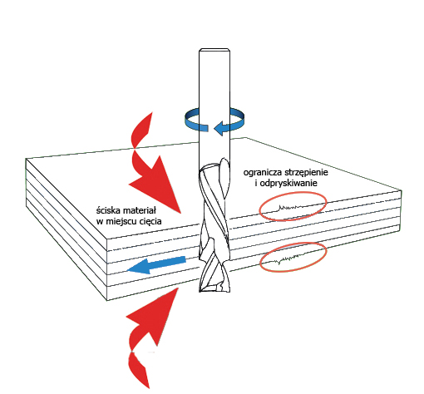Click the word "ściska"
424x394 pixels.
point(109,210)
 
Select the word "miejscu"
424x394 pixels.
point(119,221)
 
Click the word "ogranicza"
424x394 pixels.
point(263,172)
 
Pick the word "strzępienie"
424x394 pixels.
point(306,172)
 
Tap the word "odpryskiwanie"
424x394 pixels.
point(288,183)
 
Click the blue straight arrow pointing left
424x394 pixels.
point(156,265)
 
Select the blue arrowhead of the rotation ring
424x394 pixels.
point(223,128)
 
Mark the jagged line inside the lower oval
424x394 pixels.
point(291,259)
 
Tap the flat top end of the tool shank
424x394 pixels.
point(214,49)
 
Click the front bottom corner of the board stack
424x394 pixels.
point(107,301)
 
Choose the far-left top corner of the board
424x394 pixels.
point(26,159)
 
